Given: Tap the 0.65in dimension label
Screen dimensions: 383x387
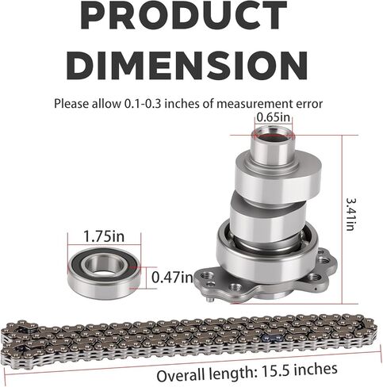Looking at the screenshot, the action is click(273, 117).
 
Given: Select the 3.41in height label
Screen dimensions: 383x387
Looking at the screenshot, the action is click(351, 214).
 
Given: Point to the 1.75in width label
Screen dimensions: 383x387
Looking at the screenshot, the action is click(104, 236).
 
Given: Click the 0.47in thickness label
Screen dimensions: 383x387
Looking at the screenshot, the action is click(172, 278).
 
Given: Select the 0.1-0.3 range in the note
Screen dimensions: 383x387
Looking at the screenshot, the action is click(142, 104).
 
